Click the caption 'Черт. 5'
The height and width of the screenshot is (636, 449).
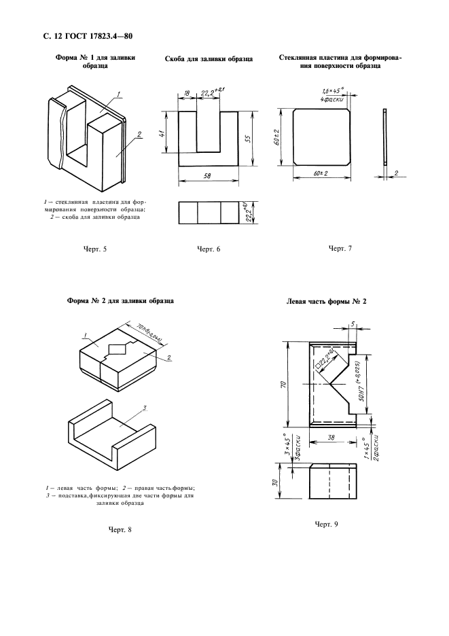click(x=94, y=249)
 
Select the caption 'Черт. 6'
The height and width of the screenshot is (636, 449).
click(x=209, y=249)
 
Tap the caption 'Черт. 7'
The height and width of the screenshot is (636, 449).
click(x=340, y=249)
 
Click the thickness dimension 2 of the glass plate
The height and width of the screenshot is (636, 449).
click(x=395, y=173)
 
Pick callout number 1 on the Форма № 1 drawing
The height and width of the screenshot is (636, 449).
click(x=118, y=93)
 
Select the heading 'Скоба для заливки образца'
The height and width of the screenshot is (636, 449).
click(x=209, y=60)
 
